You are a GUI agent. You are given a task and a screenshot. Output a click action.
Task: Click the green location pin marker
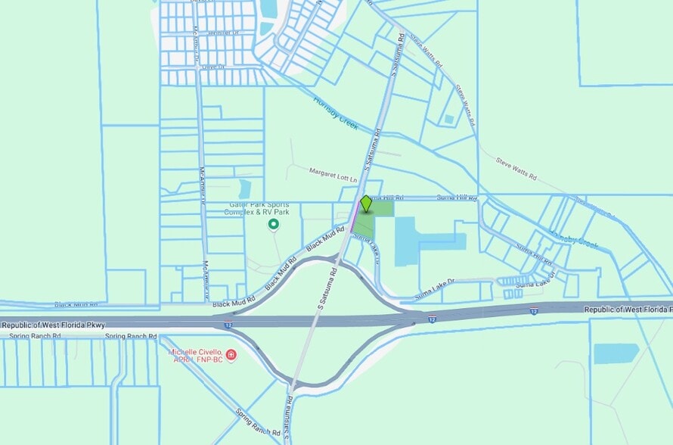tap(366, 204)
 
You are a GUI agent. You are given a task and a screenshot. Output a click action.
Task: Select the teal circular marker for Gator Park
tap(274, 224)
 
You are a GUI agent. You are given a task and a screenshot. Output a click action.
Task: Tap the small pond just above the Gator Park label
tap(244, 188)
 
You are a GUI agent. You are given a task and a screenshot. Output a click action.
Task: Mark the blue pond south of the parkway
tap(616, 353)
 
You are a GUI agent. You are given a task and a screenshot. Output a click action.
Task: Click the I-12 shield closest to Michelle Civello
tap(228, 325)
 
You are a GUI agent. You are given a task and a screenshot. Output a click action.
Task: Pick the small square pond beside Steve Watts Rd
tap(449, 119)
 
